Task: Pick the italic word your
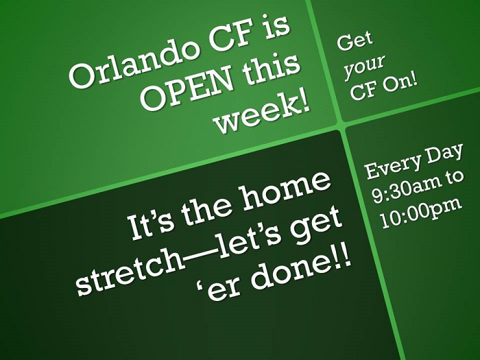point(364,67)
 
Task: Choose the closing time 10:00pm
point(421,212)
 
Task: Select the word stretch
point(130,274)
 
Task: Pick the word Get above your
point(355,40)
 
